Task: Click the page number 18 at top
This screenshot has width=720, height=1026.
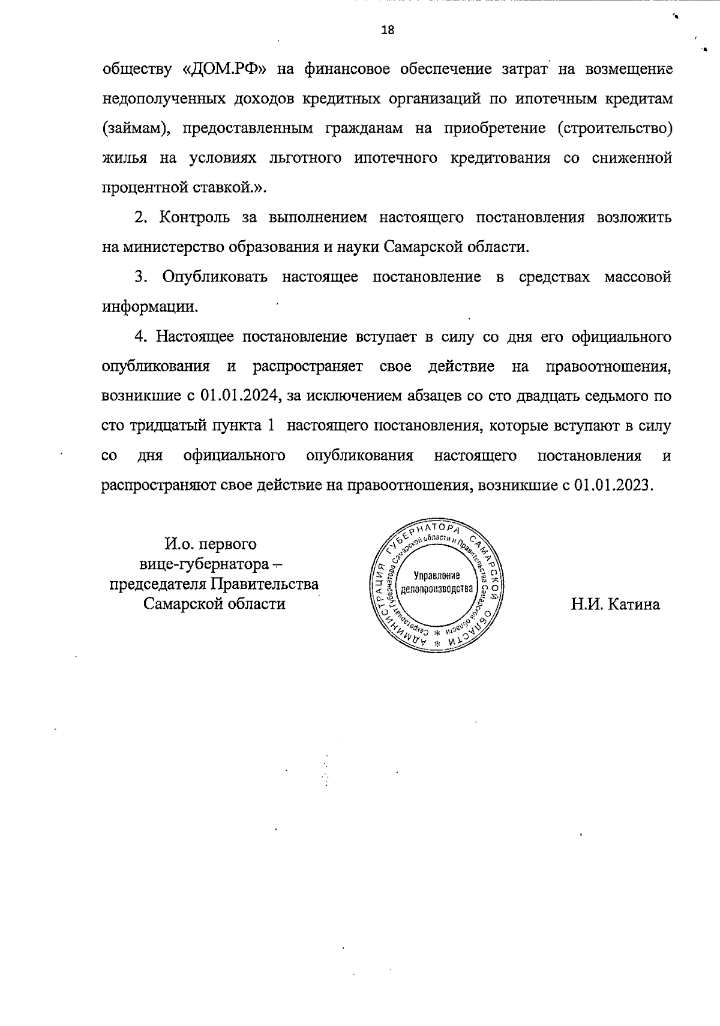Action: click(388, 31)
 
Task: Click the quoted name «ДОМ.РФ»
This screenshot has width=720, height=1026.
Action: click(224, 70)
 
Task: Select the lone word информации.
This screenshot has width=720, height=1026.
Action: click(149, 307)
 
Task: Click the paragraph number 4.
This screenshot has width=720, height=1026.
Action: click(141, 336)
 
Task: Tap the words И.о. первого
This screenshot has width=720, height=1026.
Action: click(211, 545)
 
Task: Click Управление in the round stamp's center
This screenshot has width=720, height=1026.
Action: click(437, 575)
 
